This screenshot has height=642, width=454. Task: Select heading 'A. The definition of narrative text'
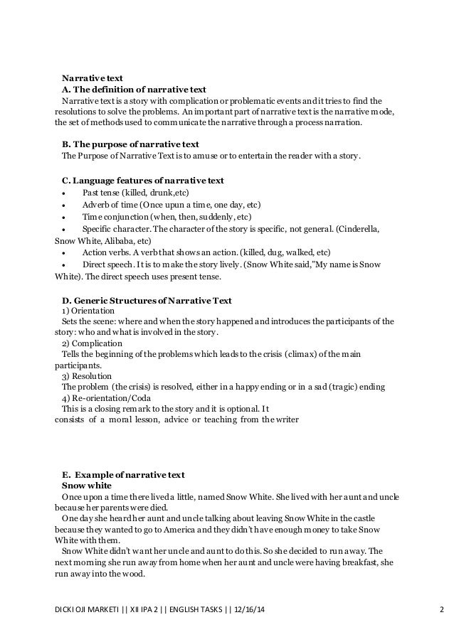(134, 89)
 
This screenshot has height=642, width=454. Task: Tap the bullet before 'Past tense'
(65, 193)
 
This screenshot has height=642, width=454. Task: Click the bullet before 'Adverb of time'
(65, 205)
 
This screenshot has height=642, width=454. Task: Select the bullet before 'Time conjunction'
(65, 218)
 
